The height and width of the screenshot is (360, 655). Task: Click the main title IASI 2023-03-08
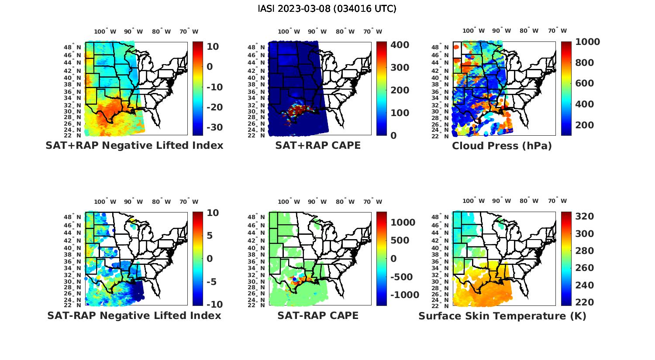(327, 9)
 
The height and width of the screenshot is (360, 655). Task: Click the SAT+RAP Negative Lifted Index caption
(134, 146)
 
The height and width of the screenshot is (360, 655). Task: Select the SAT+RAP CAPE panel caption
(318, 146)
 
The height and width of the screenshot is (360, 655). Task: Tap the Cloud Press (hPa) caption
(502, 146)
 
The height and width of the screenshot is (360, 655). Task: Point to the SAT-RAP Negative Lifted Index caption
(134, 315)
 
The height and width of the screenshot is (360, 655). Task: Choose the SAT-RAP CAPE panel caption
(318, 315)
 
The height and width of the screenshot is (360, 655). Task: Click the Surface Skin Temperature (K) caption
(502, 316)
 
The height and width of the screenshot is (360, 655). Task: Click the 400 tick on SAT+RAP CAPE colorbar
(400, 45)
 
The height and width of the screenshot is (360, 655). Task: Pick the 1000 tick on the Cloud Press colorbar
(587, 42)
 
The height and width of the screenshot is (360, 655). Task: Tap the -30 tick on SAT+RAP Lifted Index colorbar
(215, 127)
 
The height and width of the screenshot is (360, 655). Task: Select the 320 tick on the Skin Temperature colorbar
(584, 217)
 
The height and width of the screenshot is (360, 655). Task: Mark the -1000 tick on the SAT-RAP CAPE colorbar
(404, 295)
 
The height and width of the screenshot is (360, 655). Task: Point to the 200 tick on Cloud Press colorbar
(584, 125)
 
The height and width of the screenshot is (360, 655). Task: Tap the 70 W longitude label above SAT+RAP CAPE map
(373, 31)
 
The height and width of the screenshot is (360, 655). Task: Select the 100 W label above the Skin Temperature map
(473, 201)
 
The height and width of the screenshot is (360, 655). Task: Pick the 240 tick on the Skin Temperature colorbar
(584, 285)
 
